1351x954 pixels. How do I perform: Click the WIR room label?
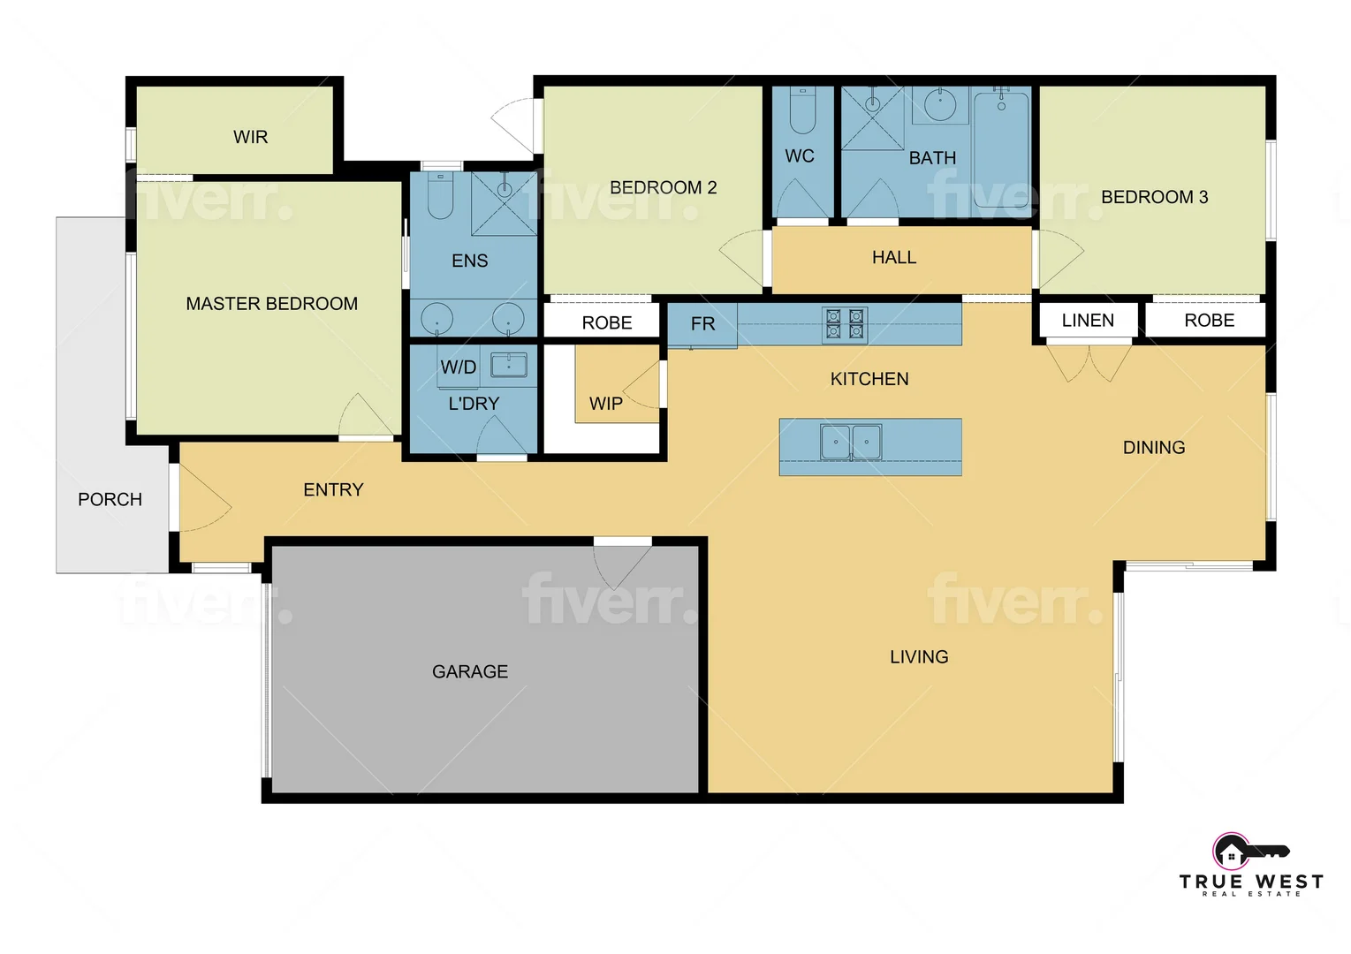(x=250, y=137)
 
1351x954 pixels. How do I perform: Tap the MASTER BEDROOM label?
(x=271, y=304)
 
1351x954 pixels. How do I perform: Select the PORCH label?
(x=110, y=500)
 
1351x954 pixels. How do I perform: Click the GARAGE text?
(x=470, y=672)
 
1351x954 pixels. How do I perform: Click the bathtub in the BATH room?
(x=1001, y=150)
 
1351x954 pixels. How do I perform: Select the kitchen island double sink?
(x=851, y=442)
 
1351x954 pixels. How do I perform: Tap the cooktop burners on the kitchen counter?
(x=844, y=324)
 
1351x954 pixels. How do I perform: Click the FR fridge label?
(x=703, y=324)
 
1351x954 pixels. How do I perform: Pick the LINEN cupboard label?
(x=1088, y=321)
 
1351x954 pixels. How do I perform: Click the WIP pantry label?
(x=606, y=404)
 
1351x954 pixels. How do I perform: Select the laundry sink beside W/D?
(x=509, y=365)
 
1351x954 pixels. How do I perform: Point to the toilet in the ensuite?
(x=440, y=196)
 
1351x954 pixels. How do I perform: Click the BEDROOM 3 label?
(x=1154, y=197)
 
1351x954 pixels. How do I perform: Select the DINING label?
(x=1154, y=448)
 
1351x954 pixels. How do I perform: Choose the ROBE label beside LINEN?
(x=1209, y=321)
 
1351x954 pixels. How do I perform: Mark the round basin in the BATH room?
(x=940, y=105)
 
